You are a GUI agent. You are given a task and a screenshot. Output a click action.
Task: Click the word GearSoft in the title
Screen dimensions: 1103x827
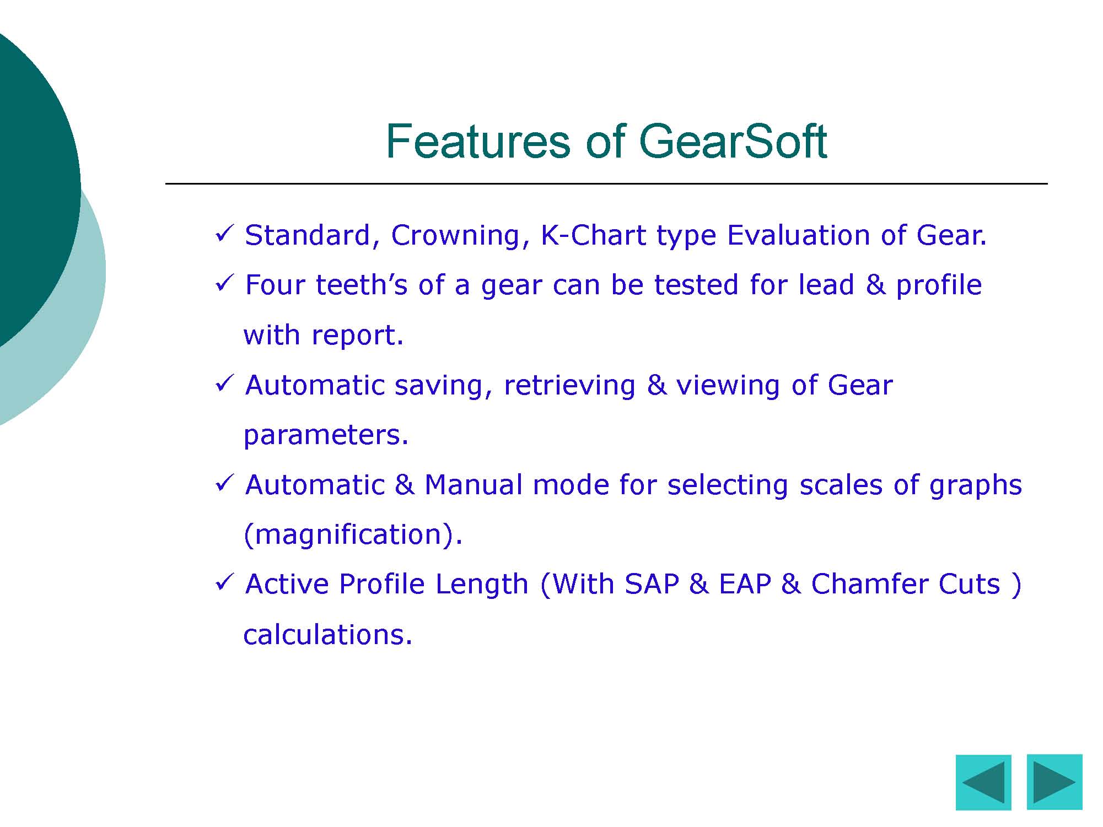pos(733,141)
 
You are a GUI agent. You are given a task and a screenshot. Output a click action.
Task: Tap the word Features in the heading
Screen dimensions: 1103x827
pos(478,141)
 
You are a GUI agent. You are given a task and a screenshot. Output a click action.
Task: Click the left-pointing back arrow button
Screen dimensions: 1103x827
pos(983,782)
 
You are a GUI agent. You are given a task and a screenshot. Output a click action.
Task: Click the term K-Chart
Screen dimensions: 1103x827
pos(593,235)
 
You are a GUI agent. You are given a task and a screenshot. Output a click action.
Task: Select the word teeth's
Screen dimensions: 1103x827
pos(361,285)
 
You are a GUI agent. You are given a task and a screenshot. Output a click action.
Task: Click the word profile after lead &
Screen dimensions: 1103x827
pos(939,286)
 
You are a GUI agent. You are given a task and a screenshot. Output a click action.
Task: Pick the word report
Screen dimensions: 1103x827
pos(357,336)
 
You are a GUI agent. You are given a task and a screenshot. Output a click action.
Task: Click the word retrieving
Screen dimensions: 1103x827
pos(569,386)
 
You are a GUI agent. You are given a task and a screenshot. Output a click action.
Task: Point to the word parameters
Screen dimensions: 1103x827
pos(326,436)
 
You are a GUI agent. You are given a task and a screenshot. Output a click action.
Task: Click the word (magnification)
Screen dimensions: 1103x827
pos(353,535)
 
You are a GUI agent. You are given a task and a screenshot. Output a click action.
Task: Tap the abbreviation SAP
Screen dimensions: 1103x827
pos(652,584)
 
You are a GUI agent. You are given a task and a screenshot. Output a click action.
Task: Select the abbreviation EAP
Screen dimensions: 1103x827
pos(745,584)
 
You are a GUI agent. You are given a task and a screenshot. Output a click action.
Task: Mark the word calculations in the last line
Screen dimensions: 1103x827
pos(327,635)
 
